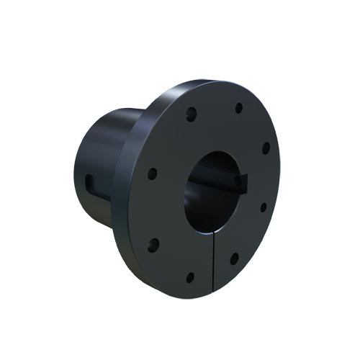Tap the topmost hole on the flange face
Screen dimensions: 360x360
coord(238,108)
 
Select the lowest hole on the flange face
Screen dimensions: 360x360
coord(190,276)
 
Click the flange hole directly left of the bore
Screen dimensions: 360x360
coord(152,174)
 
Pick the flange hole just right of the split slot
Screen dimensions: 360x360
coord(234,258)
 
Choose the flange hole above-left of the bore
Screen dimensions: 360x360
coord(192,113)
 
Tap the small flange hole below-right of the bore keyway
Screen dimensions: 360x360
coord(263,207)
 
